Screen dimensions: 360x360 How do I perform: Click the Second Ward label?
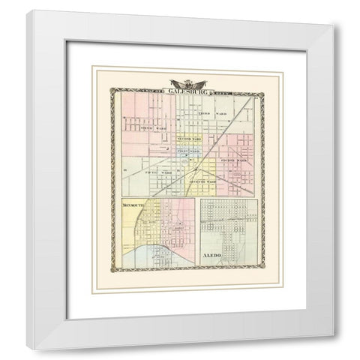189,140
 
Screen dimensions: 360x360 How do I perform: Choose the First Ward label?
187,152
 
